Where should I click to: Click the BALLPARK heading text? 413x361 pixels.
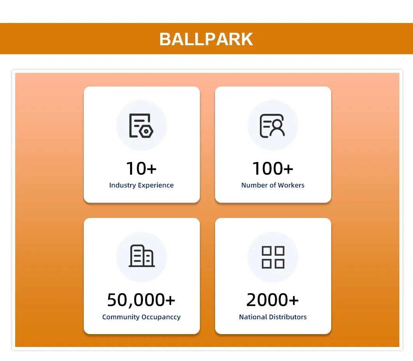206,39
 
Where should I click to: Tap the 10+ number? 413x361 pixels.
141,168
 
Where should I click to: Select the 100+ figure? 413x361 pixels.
273,168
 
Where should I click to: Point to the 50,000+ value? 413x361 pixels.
141,300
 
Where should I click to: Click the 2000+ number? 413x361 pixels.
273,300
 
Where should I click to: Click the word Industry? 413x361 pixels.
122,185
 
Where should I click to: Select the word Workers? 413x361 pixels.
291,185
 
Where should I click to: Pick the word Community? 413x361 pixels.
121,317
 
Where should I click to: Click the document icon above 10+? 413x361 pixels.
141,126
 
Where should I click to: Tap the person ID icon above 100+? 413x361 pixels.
272,126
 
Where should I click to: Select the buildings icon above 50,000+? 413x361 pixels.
142,256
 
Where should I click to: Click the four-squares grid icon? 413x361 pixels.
273,257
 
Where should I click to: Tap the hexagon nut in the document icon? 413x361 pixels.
146,131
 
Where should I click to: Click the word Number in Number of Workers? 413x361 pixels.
254,185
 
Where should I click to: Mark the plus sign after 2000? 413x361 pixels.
294,300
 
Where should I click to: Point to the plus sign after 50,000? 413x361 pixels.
170,300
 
